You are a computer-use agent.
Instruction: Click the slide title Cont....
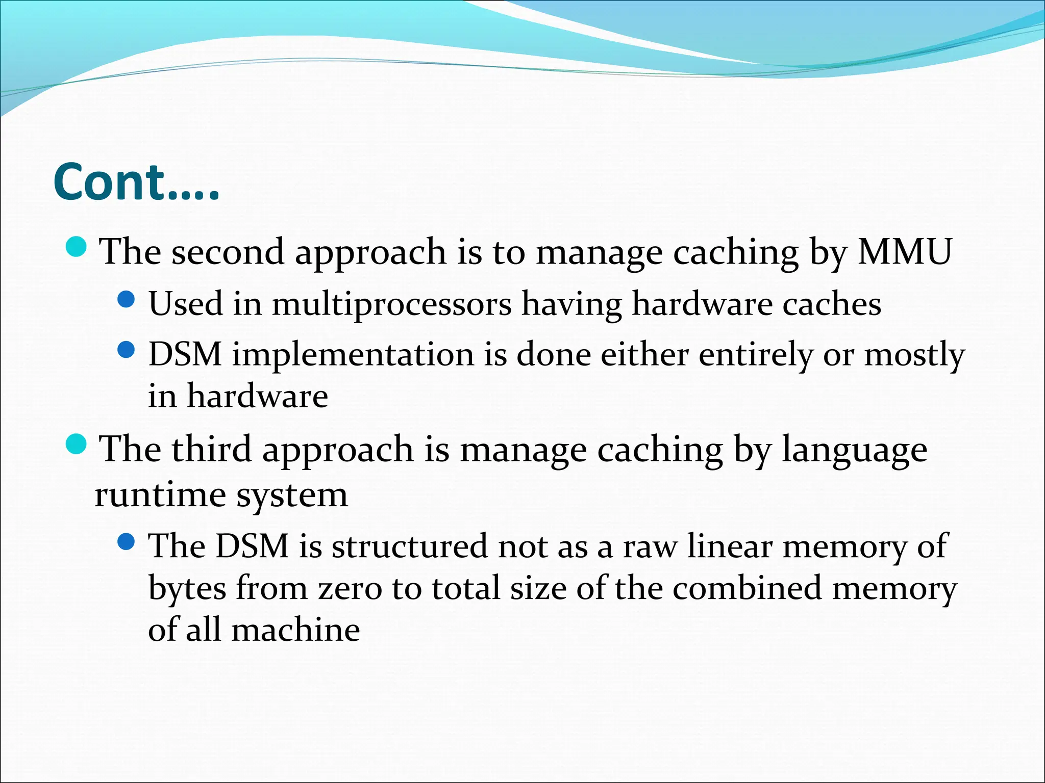click(x=136, y=182)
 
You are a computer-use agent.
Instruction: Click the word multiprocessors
click(x=391, y=304)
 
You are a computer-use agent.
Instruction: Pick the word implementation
click(x=353, y=354)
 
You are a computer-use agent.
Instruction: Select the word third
click(x=211, y=449)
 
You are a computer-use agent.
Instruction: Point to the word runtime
click(x=160, y=494)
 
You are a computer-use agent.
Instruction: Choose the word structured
click(x=409, y=546)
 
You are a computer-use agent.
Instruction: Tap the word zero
click(x=350, y=588)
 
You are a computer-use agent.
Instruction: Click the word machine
click(x=295, y=630)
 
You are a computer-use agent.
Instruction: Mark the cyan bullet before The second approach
click(x=77, y=247)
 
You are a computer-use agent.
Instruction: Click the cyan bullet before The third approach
click(x=77, y=445)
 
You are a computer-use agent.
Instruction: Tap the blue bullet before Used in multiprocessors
click(x=126, y=299)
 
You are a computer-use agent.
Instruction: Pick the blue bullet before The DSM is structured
click(x=126, y=541)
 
